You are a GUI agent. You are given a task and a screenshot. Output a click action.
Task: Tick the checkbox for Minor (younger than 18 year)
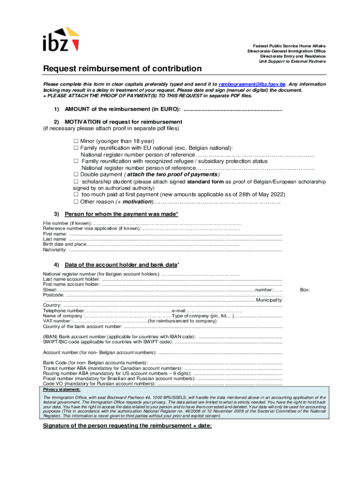click(75, 141)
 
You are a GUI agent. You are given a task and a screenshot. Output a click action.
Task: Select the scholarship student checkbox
click(75, 181)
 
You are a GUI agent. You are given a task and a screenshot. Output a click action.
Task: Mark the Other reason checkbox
click(75, 202)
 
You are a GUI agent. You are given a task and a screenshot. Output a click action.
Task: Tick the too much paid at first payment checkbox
click(75, 195)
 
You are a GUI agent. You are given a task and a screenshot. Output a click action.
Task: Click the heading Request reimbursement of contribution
click(122, 69)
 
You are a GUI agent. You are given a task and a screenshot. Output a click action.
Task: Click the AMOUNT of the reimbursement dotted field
click(233, 110)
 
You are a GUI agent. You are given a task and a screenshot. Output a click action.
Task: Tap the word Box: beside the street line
click(305, 290)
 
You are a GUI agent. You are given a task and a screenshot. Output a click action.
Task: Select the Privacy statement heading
click(62, 389)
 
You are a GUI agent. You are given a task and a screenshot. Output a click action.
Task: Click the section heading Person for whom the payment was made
click(121, 214)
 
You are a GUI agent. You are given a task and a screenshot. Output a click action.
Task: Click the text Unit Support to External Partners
click(293, 61)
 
